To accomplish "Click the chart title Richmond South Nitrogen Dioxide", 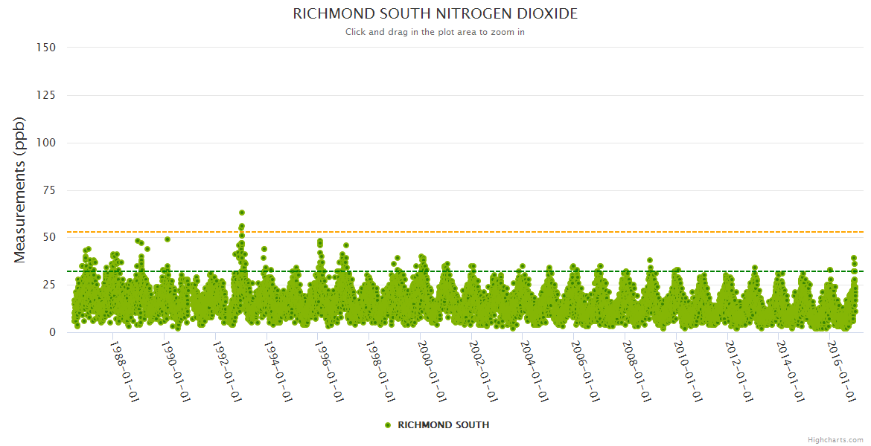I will click(x=435, y=14).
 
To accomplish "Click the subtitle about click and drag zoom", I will click(x=435, y=32).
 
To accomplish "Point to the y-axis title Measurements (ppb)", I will click(x=20, y=190).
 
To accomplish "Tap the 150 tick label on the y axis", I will click(x=46, y=47).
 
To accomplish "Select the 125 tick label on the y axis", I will click(x=46, y=94).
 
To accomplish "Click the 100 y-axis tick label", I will click(x=46, y=142).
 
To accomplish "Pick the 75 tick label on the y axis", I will click(x=49, y=190).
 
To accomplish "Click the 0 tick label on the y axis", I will click(x=52, y=332).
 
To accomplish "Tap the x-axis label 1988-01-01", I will click(x=125, y=372).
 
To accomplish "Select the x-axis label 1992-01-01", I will click(x=227, y=372).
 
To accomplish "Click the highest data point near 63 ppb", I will click(x=242, y=213).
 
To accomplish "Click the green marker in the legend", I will click(x=387, y=425).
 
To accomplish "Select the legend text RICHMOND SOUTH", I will click(x=444, y=425).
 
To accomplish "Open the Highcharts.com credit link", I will click(x=835, y=439).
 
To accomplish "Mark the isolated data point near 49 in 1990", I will click(x=167, y=239).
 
